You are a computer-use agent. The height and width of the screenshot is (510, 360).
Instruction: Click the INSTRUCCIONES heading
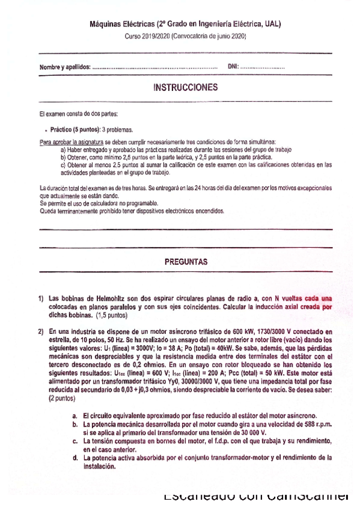(185, 88)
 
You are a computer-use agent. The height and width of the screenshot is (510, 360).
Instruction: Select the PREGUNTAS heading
(186, 262)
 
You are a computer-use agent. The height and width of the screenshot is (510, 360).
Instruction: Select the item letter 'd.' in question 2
(75, 457)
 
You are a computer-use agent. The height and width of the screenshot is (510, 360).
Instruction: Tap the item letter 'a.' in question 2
(75, 415)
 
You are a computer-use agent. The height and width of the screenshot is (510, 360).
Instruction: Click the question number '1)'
(41, 298)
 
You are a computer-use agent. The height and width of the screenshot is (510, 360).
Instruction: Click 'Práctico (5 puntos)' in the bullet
(75, 129)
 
